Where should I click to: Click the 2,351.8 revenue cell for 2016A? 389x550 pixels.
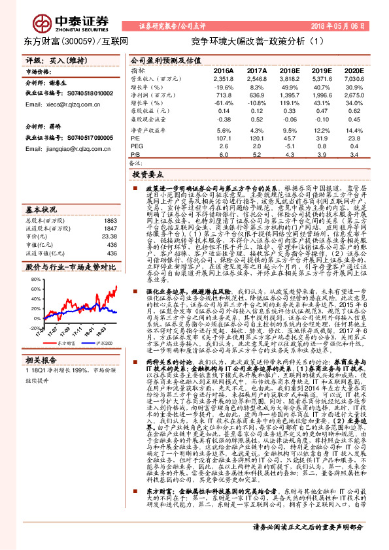[x=224, y=78]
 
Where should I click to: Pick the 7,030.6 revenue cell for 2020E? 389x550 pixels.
[x=354, y=78]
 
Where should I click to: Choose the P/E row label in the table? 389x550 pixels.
[x=135, y=138]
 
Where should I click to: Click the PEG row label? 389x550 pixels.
[x=137, y=146]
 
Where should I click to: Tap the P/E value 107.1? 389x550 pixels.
[x=224, y=138]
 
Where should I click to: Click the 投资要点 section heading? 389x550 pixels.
[x=146, y=176]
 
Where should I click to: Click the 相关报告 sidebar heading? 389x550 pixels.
[x=40, y=359]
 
